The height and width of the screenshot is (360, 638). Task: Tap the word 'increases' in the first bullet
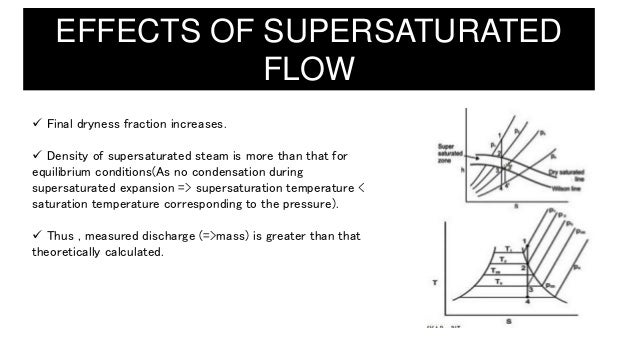[x=199, y=125]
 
